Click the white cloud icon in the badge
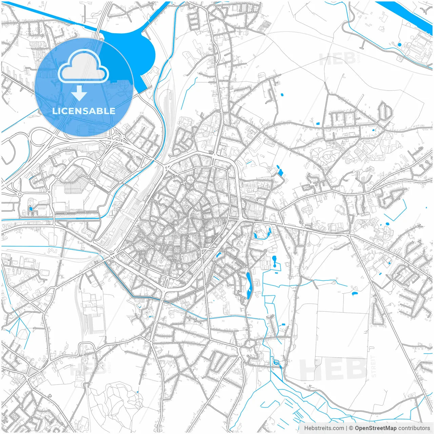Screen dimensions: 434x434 (x=83, y=66)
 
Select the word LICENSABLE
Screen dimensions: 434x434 (x=84, y=111)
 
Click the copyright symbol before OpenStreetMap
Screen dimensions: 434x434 (x=351, y=428)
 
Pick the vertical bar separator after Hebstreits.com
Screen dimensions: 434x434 (x=347, y=428)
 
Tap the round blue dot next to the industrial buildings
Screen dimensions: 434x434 (x=399, y=44)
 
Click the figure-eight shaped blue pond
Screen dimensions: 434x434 (x=274, y=260)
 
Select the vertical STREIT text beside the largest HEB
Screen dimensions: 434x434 (x=374, y=366)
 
